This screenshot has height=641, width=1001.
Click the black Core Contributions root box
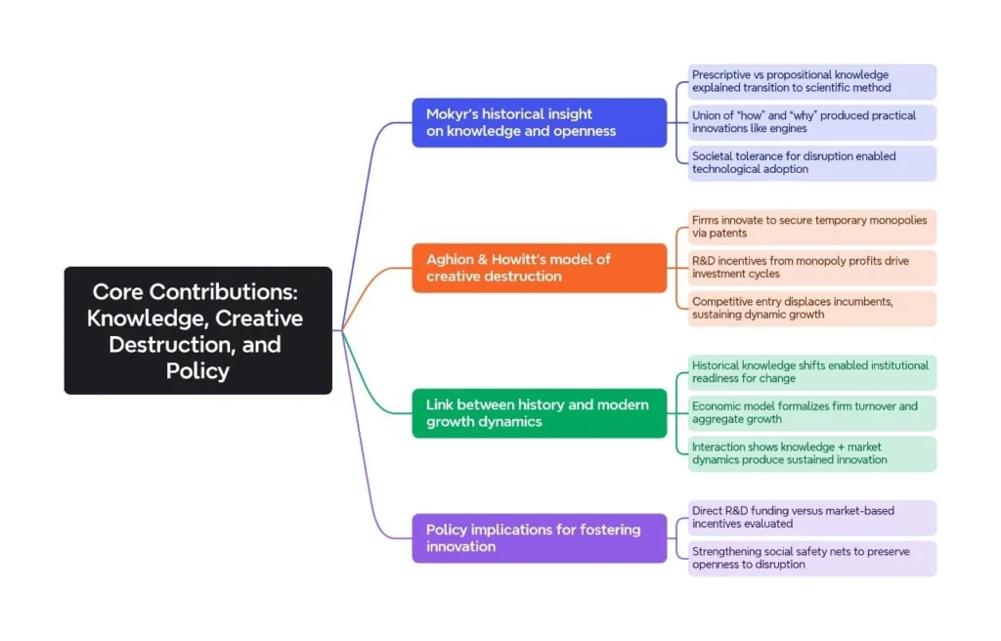[x=197, y=330]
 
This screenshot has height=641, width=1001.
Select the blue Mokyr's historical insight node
[x=539, y=122]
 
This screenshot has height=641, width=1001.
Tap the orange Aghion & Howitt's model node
[x=539, y=268]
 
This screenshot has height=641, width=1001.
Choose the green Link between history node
[x=539, y=413]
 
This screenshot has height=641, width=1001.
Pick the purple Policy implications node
[x=539, y=537]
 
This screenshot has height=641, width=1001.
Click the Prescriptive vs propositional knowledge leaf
[x=811, y=81]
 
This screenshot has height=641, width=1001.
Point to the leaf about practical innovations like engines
[x=811, y=122]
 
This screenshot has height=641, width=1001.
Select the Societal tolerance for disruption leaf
[x=811, y=163]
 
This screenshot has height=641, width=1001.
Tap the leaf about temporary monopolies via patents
[x=811, y=227]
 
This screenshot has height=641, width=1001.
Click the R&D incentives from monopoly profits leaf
[x=811, y=268]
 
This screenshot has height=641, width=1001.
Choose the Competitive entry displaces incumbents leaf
[x=811, y=309]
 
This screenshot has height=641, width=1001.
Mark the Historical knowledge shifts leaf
[x=811, y=372]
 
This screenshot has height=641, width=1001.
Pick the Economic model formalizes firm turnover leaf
[x=811, y=413]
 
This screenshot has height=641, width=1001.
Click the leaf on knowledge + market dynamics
[x=811, y=454]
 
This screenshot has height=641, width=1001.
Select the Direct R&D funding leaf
[x=811, y=518]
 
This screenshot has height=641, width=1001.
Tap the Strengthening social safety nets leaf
[x=811, y=558]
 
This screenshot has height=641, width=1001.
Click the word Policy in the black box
[x=197, y=371]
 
